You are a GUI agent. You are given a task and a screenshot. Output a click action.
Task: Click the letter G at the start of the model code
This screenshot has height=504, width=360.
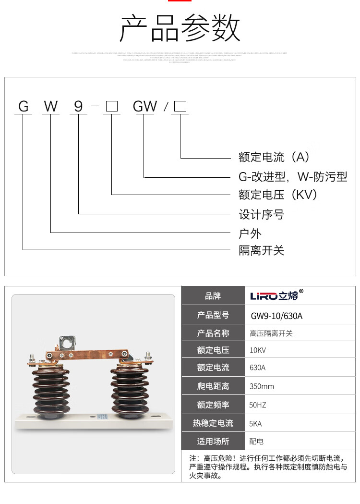(x=24, y=106)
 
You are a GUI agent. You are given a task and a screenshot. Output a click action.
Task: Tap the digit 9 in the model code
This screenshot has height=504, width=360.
(x=79, y=106)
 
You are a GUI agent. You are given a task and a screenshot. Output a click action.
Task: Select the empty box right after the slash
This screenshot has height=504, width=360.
(x=180, y=106)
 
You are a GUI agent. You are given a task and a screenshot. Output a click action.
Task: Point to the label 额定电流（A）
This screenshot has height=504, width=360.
(x=275, y=157)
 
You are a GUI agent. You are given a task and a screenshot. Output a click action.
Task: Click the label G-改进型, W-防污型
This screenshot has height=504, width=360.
(x=293, y=177)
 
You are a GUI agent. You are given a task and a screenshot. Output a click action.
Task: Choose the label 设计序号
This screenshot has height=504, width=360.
(x=262, y=214)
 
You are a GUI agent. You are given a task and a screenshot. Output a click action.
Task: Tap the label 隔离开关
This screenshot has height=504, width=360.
(x=262, y=250)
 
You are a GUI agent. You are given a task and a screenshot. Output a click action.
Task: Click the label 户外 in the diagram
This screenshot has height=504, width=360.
(x=251, y=234)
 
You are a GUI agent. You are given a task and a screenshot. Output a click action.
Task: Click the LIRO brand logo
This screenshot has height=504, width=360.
(x=277, y=295)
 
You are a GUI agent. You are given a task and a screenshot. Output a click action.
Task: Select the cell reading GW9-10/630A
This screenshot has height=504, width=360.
(x=277, y=316)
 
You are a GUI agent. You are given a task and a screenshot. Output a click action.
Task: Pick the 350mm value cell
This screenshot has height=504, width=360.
(x=262, y=386)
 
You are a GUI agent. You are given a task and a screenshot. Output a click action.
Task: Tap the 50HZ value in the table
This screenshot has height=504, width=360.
(x=258, y=405)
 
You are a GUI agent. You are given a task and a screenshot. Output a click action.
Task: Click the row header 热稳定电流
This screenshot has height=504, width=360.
(x=213, y=423)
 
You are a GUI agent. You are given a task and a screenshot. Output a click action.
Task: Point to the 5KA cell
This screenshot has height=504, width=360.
(x=256, y=424)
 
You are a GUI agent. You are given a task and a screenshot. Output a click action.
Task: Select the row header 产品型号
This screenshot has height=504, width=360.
(x=213, y=315)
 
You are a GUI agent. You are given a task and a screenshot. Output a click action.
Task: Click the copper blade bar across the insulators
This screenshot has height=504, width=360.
(x=86, y=355)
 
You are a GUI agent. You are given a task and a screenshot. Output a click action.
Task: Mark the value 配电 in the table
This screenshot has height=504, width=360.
(x=257, y=441)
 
